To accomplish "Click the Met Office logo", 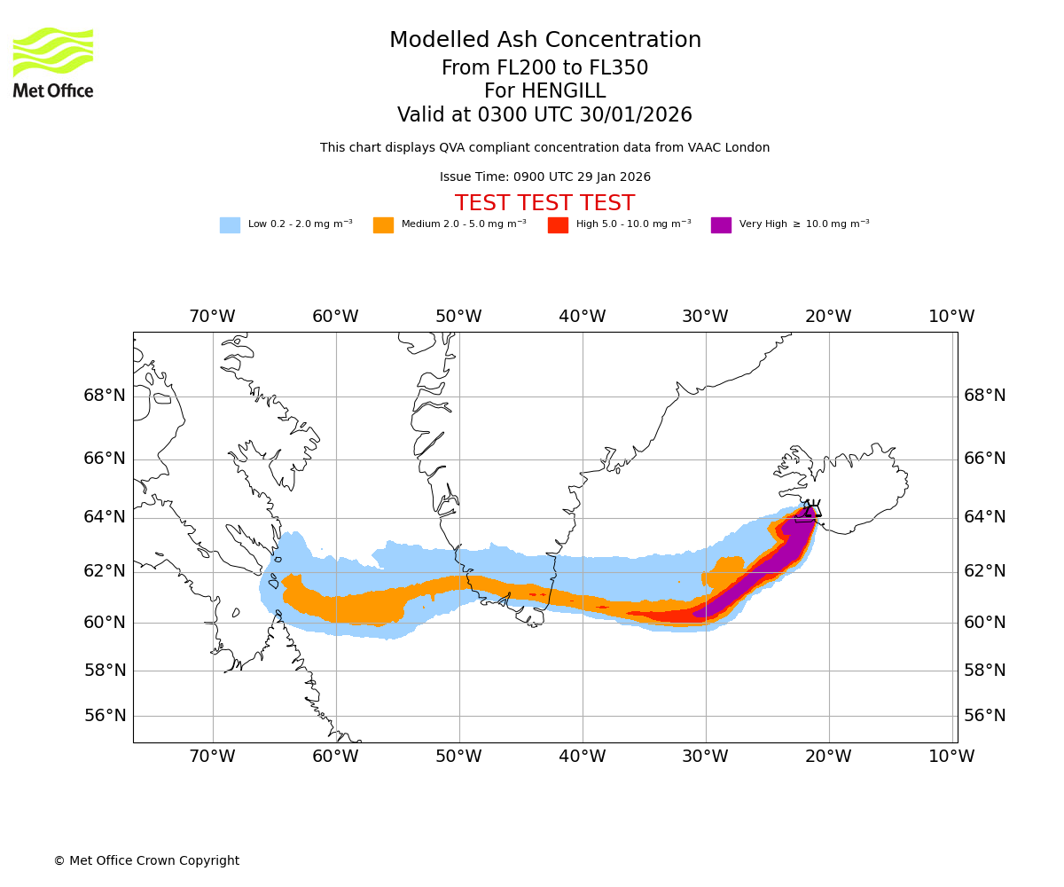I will pyautogui.click(x=53, y=62).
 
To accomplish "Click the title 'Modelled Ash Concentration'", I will pyautogui.click(x=545, y=41).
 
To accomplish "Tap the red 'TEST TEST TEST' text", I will pyautogui.click(x=544, y=203).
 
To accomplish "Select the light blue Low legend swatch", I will pyautogui.click(x=230, y=225).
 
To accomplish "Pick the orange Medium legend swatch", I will pyautogui.click(x=383, y=225).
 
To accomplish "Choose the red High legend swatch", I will pyautogui.click(x=558, y=225).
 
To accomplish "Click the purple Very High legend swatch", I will pyautogui.click(x=721, y=225).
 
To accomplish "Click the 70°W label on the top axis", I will pyautogui.click(x=212, y=317).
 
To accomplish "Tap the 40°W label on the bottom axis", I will pyautogui.click(x=582, y=757).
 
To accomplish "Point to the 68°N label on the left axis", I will pyautogui.click(x=105, y=396).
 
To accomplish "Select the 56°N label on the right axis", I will pyautogui.click(x=985, y=716).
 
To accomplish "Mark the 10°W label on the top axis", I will pyautogui.click(x=951, y=317).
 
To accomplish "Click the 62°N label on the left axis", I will pyautogui.click(x=105, y=571).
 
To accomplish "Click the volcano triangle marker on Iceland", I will pyautogui.click(x=810, y=509).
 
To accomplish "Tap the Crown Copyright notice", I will pyautogui.click(x=146, y=861).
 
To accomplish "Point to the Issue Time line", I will pyautogui.click(x=544, y=177).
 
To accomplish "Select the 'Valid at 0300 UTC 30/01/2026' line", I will pyautogui.click(x=544, y=115).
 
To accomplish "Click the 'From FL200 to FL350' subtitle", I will pyautogui.click(x=544, y=68).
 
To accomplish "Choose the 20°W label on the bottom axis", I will pyautogui.click(x=828, y=757).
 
